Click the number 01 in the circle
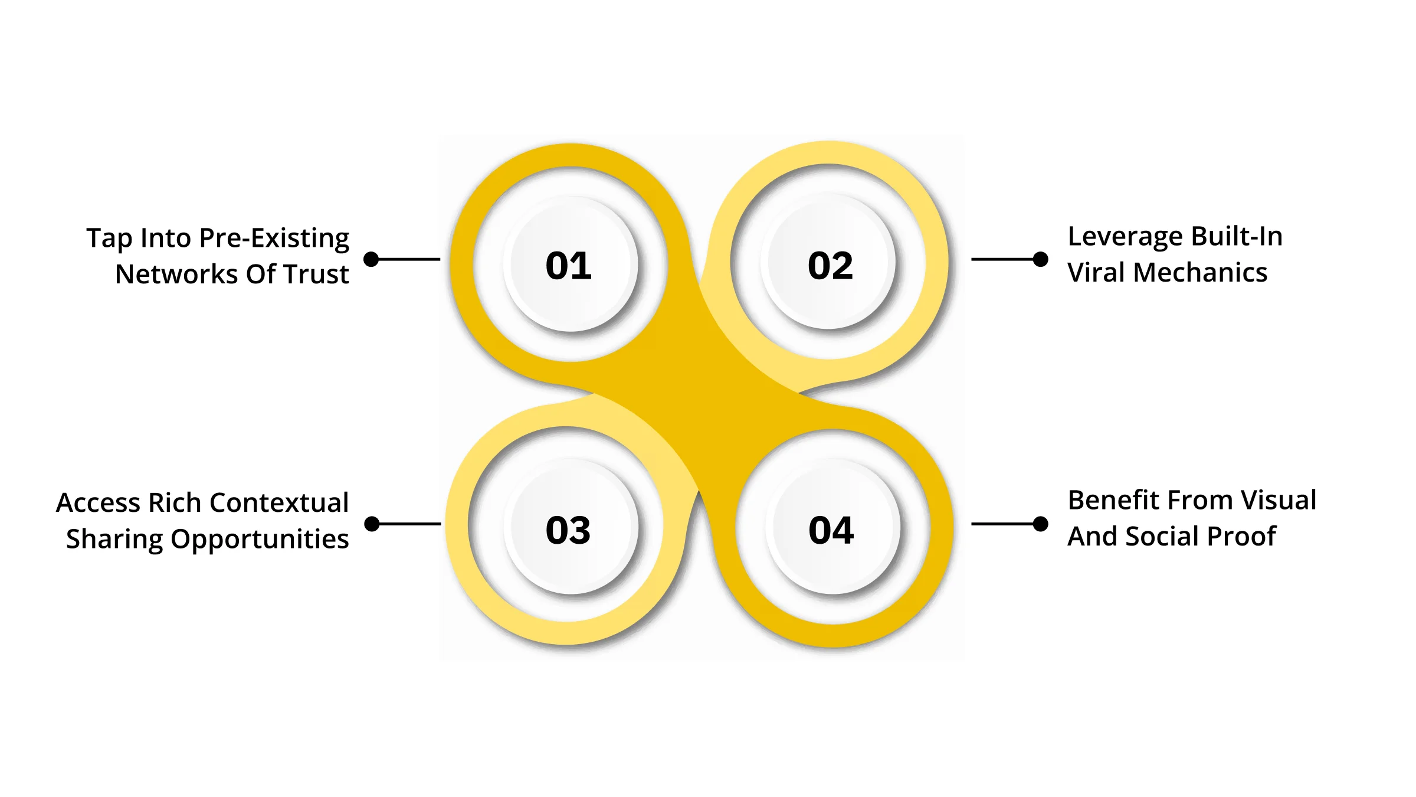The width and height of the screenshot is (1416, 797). (x=568, y=266)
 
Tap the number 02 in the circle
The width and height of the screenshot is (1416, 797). (x=830, y=266)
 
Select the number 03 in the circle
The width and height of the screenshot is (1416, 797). (x=568, y=530)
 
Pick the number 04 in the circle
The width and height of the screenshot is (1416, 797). (x=831, y=530)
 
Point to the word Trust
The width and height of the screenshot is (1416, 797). (x=317, y=275)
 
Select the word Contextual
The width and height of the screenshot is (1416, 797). (x=279, y=503)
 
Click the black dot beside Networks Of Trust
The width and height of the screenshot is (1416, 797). (x=371, y=259)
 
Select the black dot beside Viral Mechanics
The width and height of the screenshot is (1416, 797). (x=1041, y=259)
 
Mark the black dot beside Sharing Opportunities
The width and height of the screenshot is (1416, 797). (x=372, y=524)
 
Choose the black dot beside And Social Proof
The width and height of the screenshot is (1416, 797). (x=1041, y=524)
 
